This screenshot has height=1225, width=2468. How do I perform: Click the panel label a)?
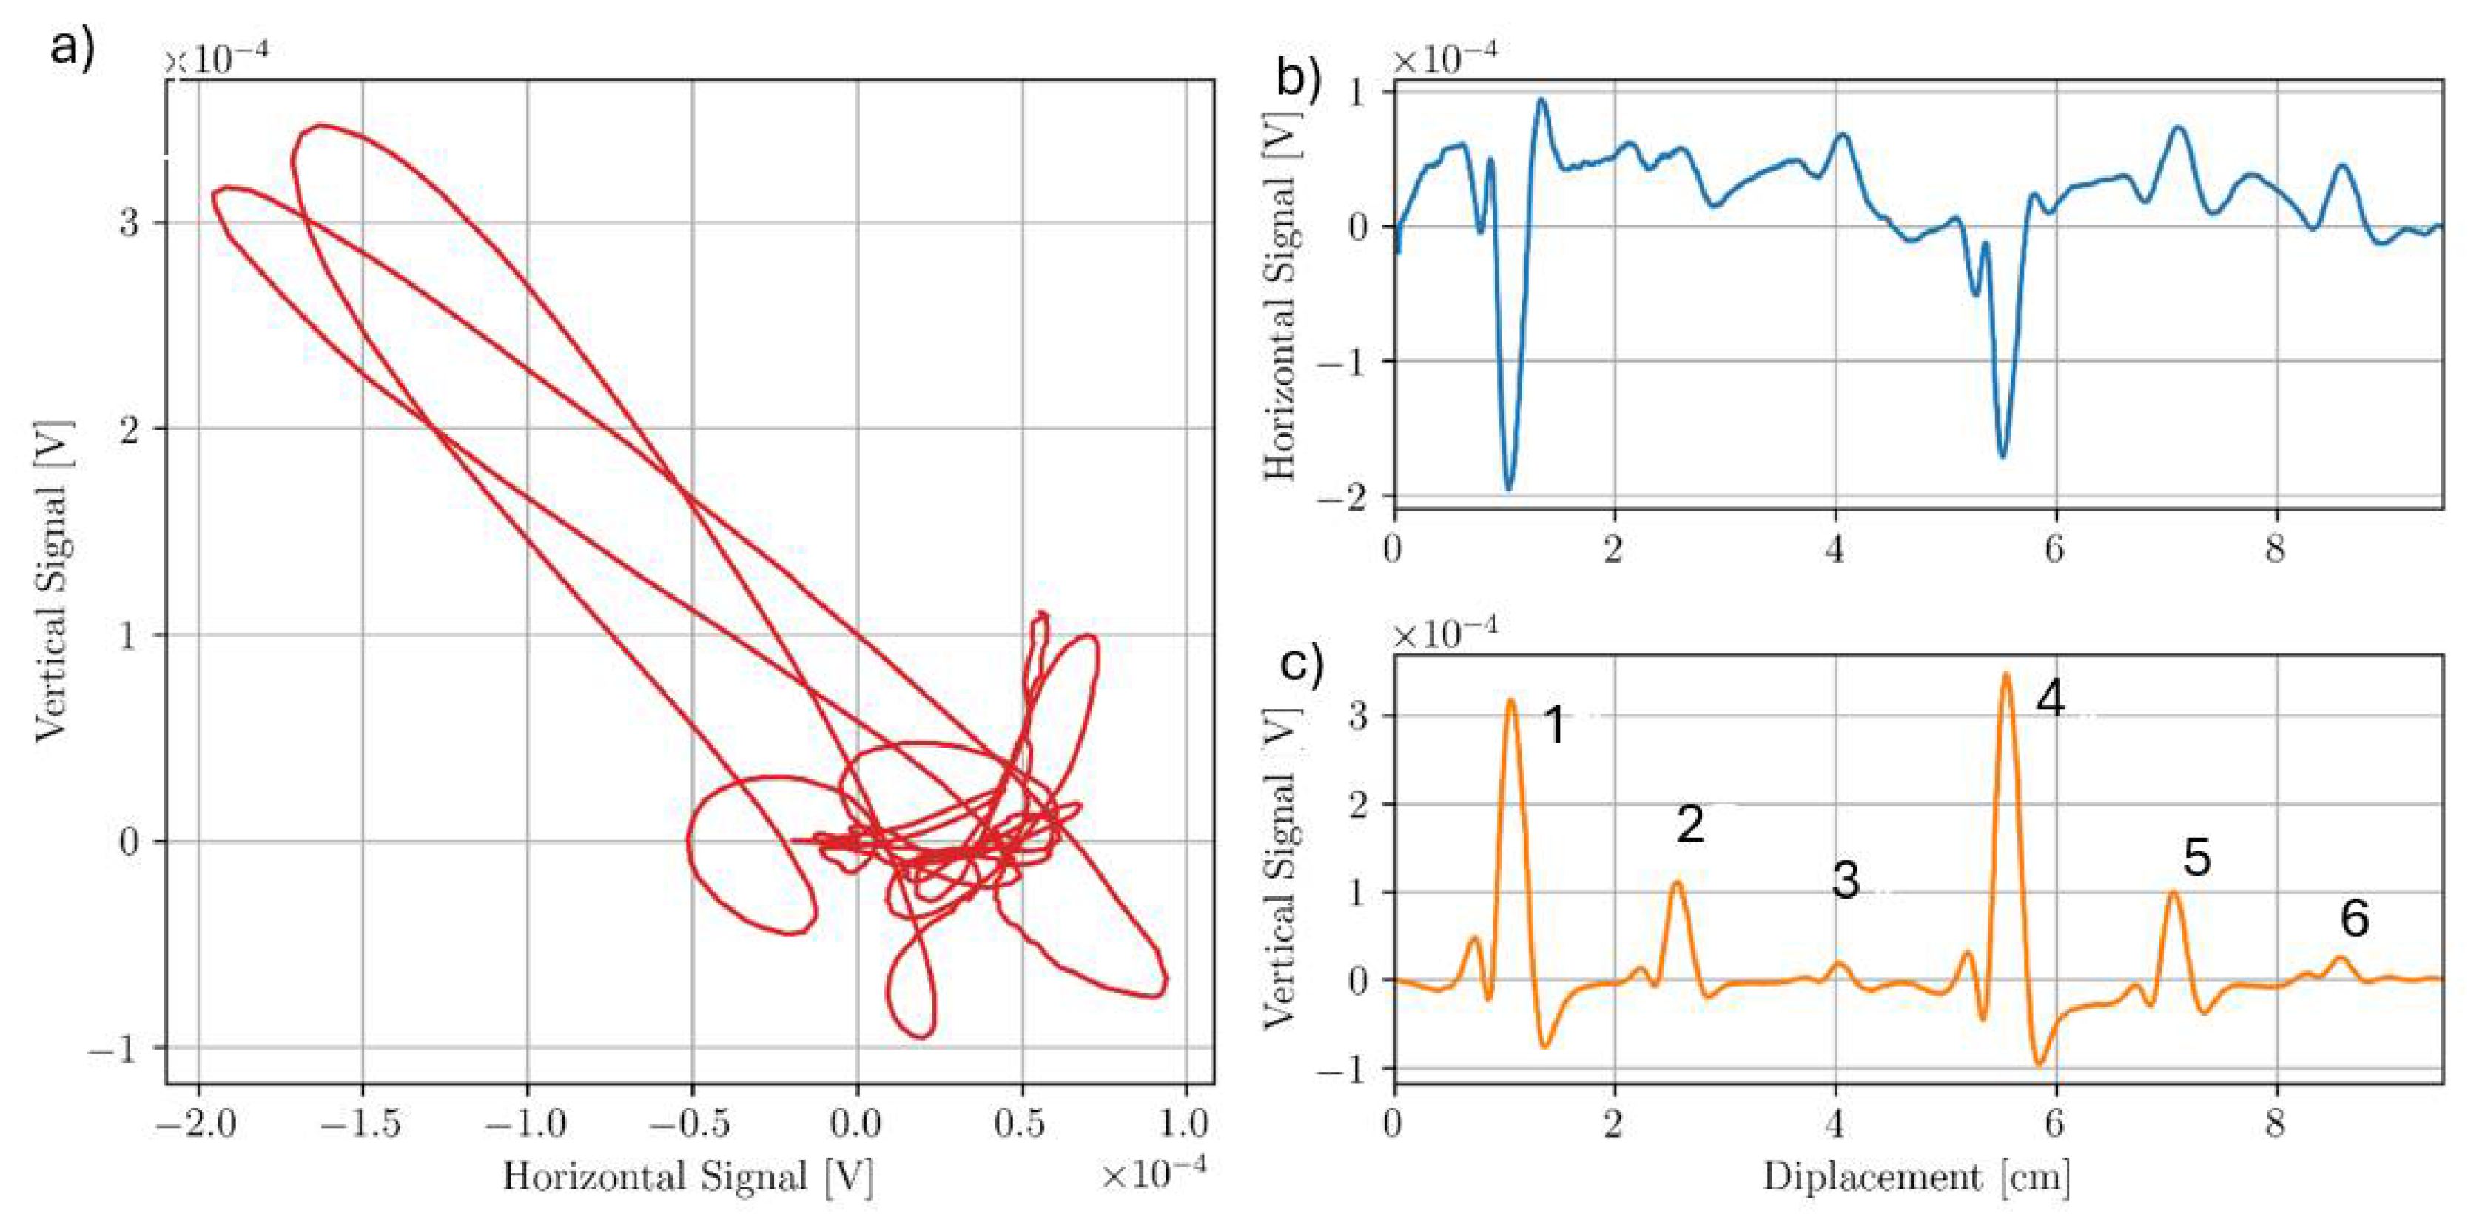point(73,48)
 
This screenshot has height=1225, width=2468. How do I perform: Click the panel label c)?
point(1301,663)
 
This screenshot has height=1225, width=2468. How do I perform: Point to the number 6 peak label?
point(2354,919)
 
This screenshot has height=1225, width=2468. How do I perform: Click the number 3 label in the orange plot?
point(1845,880)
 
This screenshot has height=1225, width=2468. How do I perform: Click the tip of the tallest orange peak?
point(2005,674)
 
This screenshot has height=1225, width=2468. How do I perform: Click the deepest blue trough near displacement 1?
point(1509,489)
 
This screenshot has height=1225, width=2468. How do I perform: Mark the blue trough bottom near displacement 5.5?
point(2003,456)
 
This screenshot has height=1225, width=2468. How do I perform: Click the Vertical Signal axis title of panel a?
point(52,580)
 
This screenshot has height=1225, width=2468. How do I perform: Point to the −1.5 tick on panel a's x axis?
point(362,1124)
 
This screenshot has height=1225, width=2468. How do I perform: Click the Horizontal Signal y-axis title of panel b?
point(1280,302)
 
